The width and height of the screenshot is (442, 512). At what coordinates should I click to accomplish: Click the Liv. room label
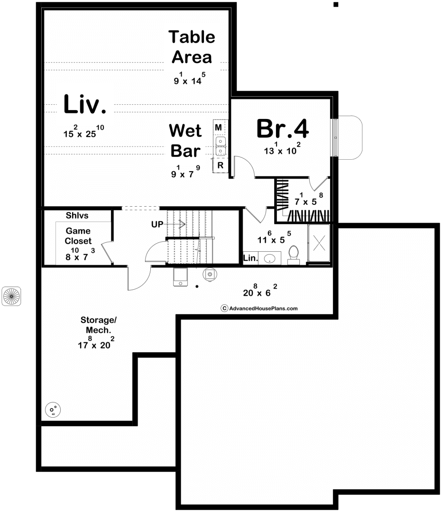tap(85, 104)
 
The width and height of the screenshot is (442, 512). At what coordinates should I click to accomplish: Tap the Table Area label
tap(192, 47)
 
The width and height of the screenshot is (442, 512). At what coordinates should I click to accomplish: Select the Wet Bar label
tap(185, 141)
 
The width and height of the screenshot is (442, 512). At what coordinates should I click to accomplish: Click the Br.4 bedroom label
tap(283, 128)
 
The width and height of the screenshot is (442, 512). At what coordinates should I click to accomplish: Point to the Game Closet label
tap(78, 236)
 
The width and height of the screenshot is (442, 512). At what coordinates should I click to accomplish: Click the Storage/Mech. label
tap(98, 325)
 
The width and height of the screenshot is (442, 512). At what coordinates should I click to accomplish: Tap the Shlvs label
tap(77, 216)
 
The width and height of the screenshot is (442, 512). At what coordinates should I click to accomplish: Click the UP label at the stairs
tap(157, 224)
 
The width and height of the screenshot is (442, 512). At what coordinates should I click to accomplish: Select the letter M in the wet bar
tap(219, 128)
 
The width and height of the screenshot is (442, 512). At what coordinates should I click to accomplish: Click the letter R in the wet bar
tap(221, 165)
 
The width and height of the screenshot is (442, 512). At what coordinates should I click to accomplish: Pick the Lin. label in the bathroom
tap(250, 258)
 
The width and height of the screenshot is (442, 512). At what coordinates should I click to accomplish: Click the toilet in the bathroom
tap(294, 255)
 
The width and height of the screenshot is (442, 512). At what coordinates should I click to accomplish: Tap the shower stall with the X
tap(319, 243)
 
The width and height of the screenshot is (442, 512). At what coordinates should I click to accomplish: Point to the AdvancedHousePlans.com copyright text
tap(259, 308)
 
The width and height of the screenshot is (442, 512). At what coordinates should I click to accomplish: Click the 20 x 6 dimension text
tap(260, 290)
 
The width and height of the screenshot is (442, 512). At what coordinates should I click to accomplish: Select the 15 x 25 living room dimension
tap(83, 131)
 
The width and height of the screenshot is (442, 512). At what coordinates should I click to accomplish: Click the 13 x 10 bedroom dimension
tap(282, 148)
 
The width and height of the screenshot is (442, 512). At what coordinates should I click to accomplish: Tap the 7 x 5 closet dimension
tap(309, 199)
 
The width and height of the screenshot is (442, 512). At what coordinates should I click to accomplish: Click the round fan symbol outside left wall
tap(11, 296)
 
